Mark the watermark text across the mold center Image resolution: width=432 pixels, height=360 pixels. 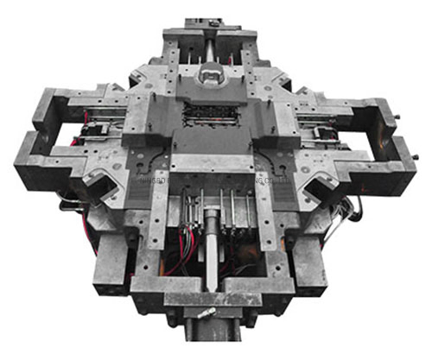212,182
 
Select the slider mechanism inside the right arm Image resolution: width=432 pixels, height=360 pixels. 327,134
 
